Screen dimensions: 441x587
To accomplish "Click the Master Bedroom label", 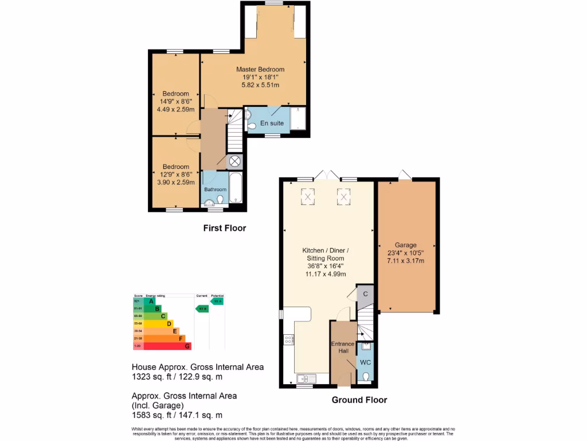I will [x=260, y=69].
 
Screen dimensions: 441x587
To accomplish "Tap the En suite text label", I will [x=272, y=123].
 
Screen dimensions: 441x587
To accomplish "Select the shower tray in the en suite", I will [x=298, y=119].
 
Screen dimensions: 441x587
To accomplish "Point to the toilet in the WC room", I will [x=366, y=377].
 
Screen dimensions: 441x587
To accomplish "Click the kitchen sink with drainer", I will [x=307, y=378].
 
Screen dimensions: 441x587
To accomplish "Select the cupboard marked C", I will [x=365, y=294].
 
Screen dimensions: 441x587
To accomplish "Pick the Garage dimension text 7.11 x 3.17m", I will [x=405, y=261].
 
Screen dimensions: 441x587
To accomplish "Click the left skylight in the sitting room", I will [x=308, y=197].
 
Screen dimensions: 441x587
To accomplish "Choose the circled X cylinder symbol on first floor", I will [x=236, y=162].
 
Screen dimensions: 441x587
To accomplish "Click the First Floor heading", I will [x=225, y=229].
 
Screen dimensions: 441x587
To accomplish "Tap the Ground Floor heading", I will [x=359, y=400].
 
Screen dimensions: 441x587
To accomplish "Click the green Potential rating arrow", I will [x=217, y=301].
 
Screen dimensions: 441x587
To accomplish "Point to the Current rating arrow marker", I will [x=202, y=308].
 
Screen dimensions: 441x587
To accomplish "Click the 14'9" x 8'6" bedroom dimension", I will [x=175, y=102].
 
